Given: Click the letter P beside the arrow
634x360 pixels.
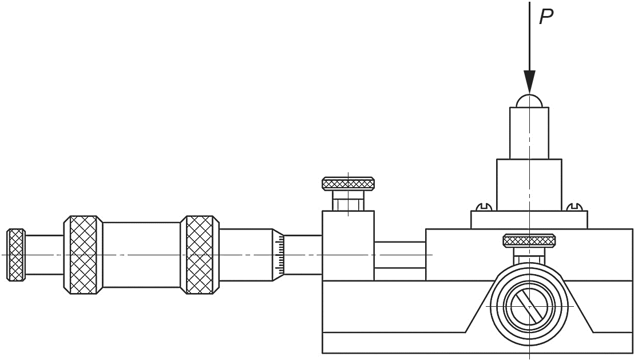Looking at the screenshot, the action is (x=547, y=17).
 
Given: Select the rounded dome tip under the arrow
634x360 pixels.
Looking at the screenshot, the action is (x=530, y=101).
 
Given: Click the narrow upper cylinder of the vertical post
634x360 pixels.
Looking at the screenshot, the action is (x=530, y=132).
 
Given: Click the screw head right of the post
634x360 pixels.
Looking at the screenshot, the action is (x=574, y=207).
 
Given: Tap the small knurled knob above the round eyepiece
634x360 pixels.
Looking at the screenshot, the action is (x=529, y=240).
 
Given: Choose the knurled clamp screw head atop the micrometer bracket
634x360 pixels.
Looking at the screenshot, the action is (x=348, y=184).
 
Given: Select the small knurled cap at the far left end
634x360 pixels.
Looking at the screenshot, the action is (x=16, y=255).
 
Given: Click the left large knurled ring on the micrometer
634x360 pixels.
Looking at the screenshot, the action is (x=83, y=255).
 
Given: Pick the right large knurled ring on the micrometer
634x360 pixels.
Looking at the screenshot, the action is (x=200, y=255).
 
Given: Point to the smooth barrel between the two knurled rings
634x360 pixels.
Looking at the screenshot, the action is (x=141, y=255).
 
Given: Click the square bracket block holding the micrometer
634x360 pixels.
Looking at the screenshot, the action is (x=348, y=246).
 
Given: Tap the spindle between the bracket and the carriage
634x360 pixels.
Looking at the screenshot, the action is (x=399, y=254).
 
